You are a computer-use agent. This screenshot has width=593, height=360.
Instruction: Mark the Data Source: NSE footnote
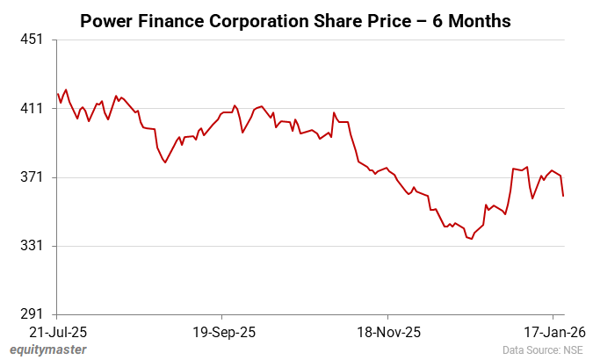pos(542,350)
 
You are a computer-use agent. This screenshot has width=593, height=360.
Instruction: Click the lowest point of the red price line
pos(471,238)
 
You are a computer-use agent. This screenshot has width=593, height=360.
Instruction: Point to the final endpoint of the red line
pos(563,196)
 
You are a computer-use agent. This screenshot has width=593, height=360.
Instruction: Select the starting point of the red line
pos(57,94)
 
